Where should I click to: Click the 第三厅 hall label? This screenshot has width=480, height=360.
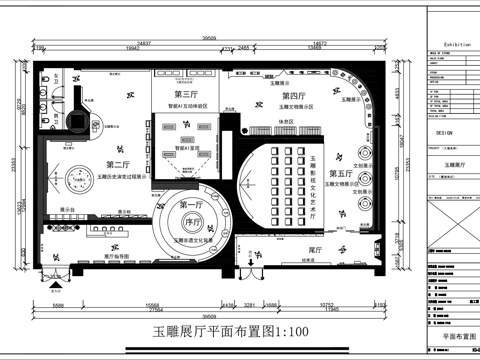(x=185, y=94)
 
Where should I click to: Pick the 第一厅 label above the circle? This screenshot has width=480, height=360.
(x=187, y=205)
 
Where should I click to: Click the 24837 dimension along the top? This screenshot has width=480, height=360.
(x=143, y=44)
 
